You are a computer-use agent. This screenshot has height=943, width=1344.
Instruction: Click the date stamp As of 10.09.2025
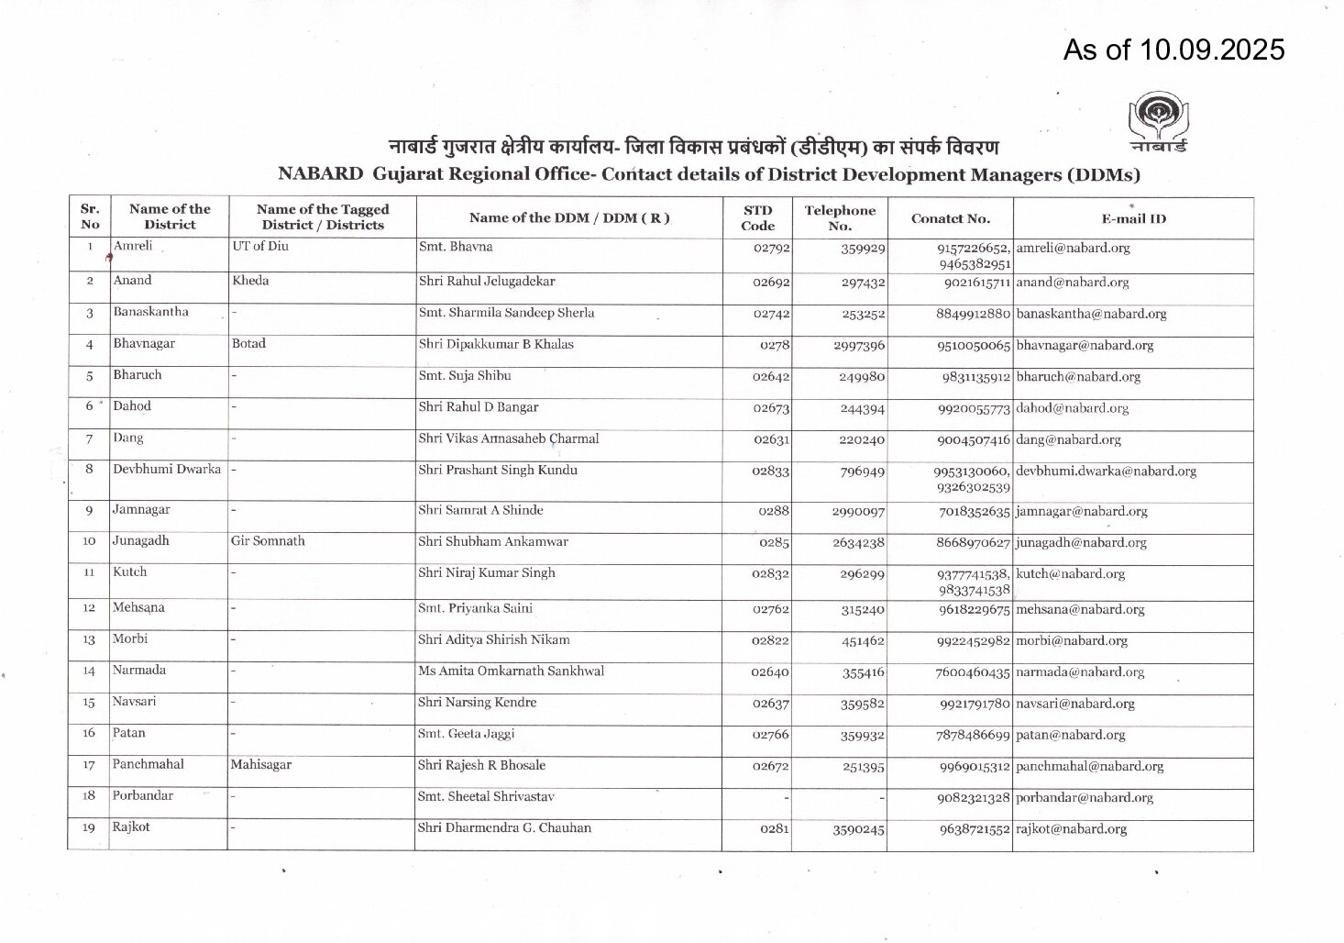[1173, 50]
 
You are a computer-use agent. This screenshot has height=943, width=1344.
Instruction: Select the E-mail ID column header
[1133, 218]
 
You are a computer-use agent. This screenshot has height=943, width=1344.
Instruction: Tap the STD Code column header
[757, 218]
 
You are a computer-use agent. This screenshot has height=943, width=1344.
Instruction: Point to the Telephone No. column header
[839, 218]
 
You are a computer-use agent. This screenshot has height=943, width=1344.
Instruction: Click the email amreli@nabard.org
[1073, 248]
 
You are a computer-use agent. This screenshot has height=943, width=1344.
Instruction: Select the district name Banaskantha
[150, 312]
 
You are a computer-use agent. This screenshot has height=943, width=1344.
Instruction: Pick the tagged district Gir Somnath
[268, 541]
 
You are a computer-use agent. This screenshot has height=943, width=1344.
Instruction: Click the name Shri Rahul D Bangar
[478, 407]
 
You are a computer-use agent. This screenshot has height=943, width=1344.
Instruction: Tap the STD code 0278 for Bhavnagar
[775, 345]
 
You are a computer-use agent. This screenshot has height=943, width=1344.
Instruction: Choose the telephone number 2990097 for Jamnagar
[858, 511]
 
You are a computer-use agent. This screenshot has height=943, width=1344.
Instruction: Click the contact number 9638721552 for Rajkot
[974, 829]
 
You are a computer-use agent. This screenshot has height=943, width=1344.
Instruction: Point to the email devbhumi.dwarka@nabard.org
[1106, 471]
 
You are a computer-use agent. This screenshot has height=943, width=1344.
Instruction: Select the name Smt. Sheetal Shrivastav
[486, 797]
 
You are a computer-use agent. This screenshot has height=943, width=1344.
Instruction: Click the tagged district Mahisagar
[261, 764]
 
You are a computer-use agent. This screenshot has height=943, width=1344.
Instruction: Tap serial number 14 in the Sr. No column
[90, 671]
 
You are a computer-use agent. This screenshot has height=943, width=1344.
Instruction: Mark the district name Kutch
[129, 572]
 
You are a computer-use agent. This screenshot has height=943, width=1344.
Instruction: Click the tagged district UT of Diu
[261, 247]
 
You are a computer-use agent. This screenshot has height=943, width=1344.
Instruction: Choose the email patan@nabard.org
[1070, 735]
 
